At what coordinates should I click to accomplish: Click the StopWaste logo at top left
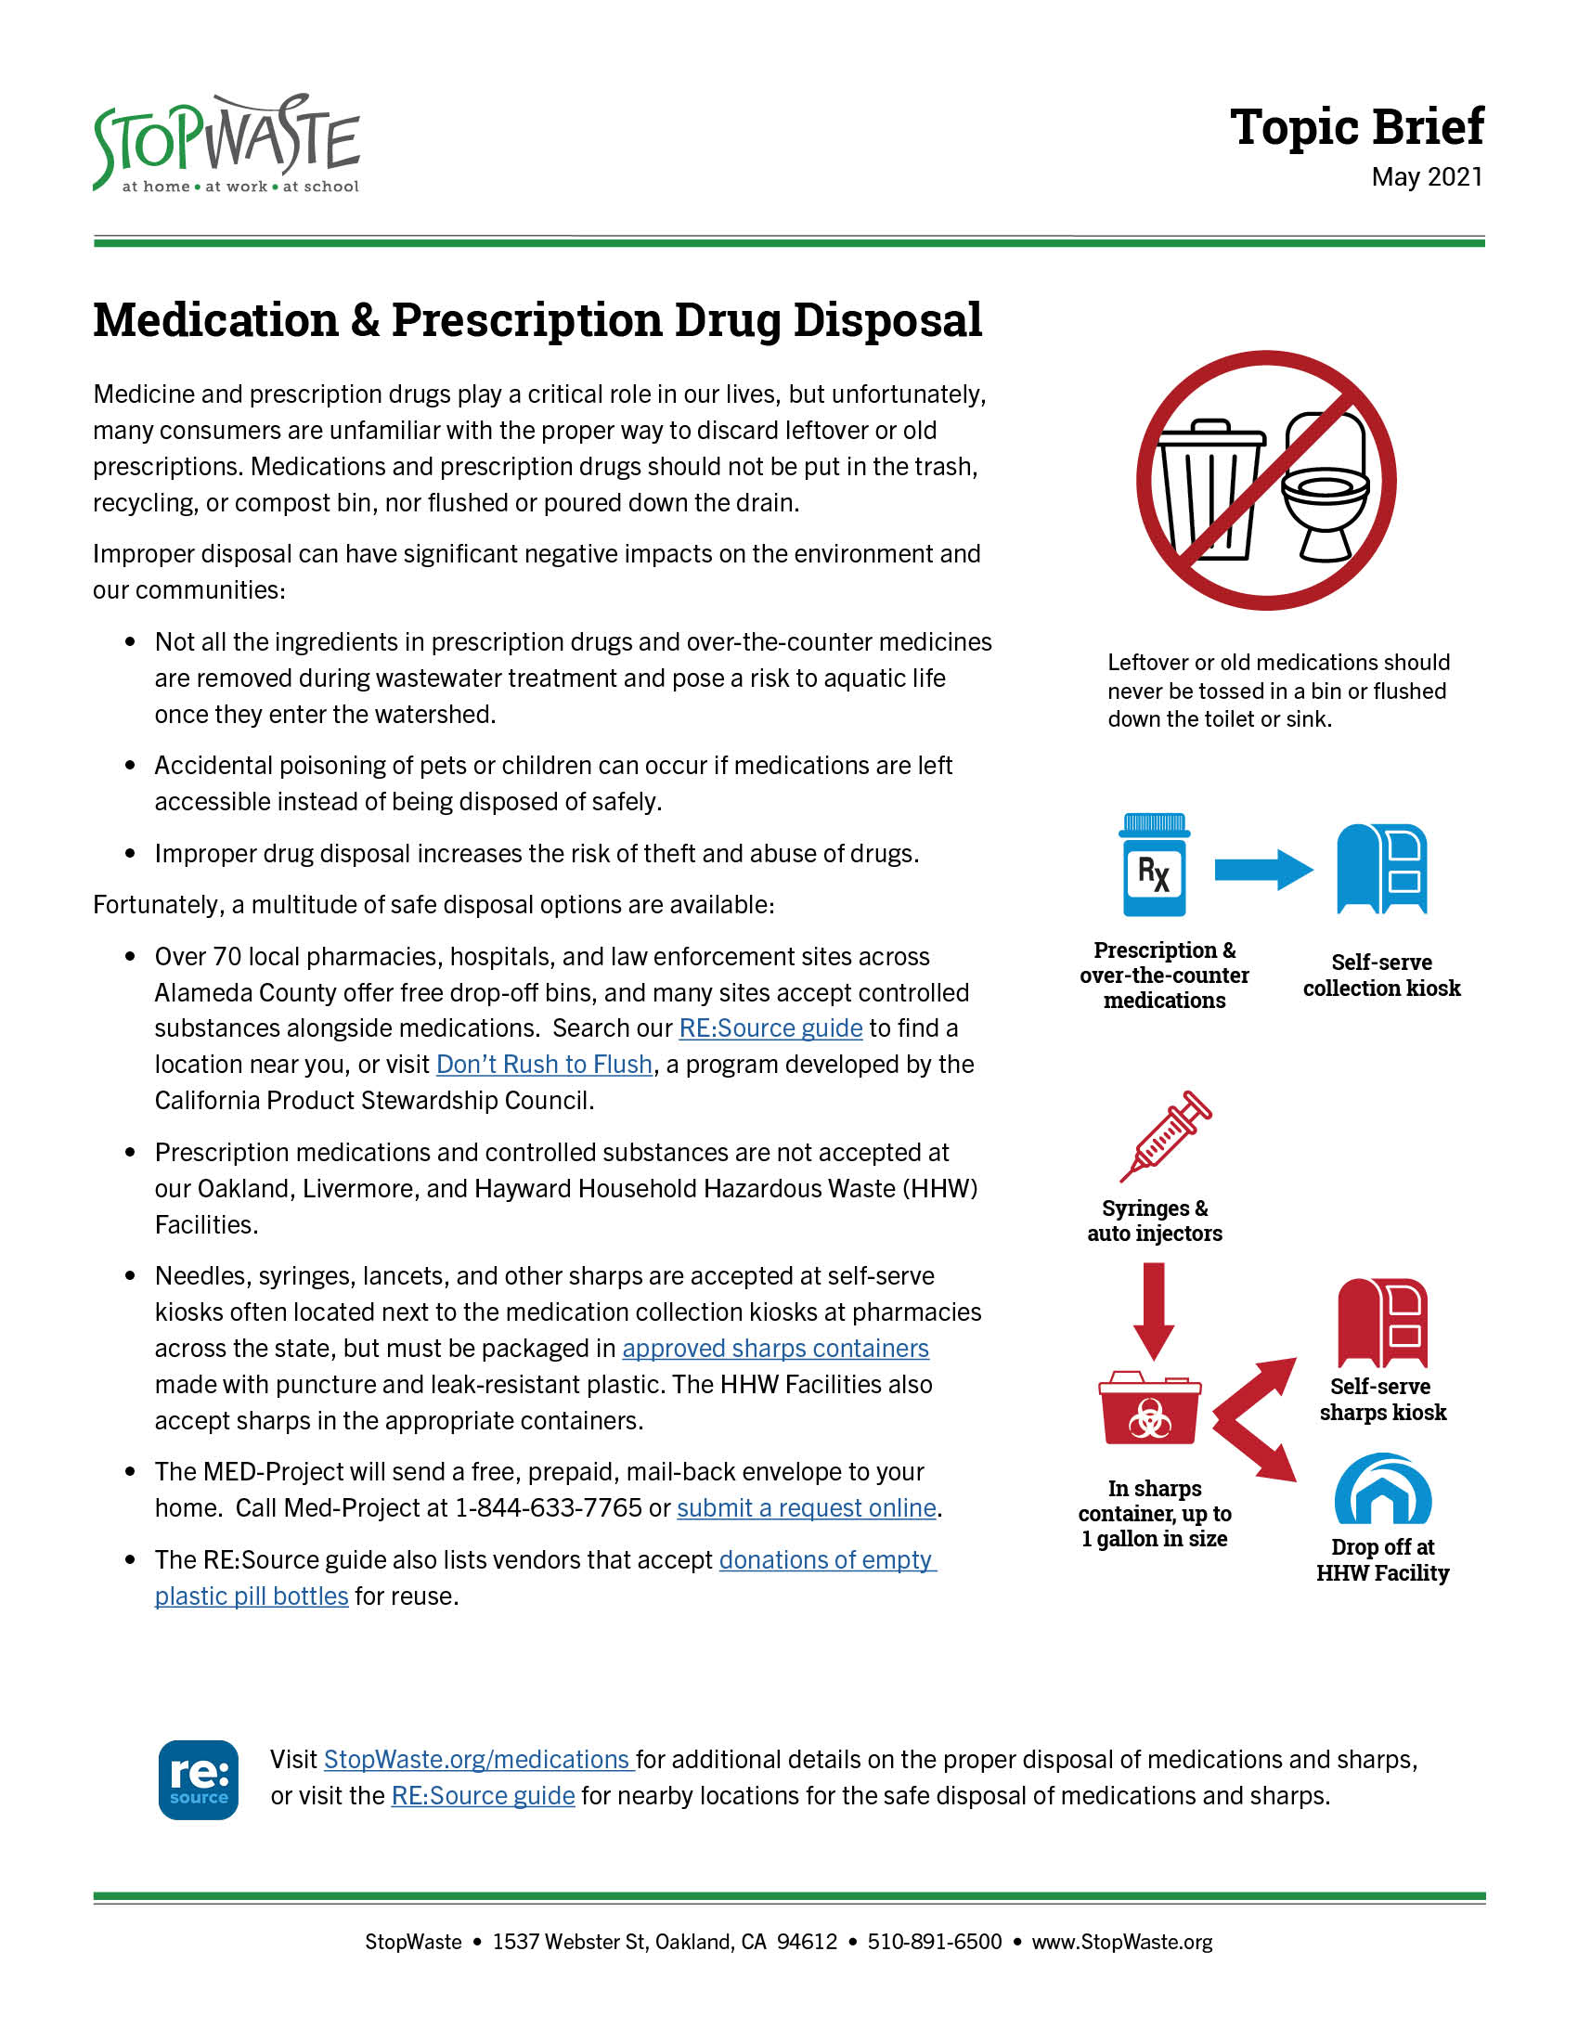tap(226, 144)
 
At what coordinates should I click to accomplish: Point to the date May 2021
tap(1427, 176)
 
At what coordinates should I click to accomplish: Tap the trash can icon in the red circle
tap(1209, 489)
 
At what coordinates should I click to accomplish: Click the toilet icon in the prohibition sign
tap(1326, 489)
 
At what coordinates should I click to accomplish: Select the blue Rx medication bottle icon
tap(1155, 865)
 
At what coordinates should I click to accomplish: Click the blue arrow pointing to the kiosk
tap(1263, 870)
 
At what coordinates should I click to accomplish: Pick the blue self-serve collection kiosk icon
tap(1382, 869)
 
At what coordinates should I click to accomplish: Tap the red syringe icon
tap(1166, 1136)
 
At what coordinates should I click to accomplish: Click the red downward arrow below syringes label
tap(1154, 1309)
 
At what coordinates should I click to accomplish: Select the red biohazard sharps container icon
tap(1150, 1409)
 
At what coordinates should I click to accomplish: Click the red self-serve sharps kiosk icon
tap(1382, 1323)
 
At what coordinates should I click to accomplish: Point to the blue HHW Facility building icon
tap(1383, 1490)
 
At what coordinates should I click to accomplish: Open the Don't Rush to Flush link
tap(544, 1064)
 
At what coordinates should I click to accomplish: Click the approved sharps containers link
tap(775, 1349)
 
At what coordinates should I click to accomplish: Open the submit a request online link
tap(806, 1507)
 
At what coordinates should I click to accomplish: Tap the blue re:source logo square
tap(199, 1779)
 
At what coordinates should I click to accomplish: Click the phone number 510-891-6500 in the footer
tap(934, 1942)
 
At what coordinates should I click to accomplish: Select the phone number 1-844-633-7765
tap(548, 1507)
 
